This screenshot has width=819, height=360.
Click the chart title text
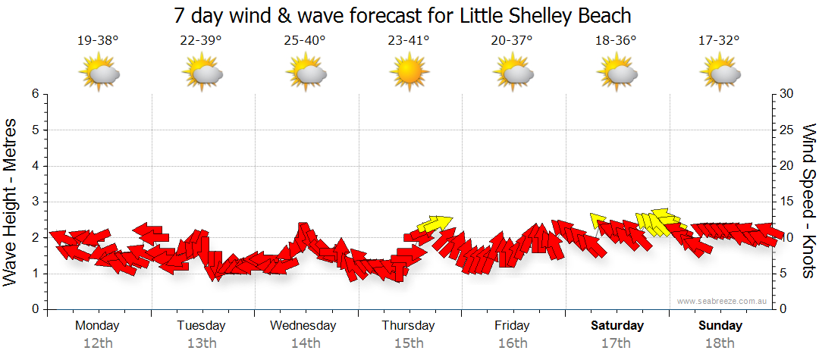click(403, 15)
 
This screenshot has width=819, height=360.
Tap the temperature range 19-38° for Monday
click(98, 41)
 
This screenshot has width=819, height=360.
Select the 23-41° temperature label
click(409, 41)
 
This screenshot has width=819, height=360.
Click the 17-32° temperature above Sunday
click(719, 41)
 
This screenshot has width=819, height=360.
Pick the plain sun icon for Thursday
click(409, 73)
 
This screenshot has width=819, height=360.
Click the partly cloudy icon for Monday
click(99, 73)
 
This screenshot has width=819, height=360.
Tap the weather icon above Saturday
click(617, 73)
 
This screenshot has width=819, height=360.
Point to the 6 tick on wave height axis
click(35, 94)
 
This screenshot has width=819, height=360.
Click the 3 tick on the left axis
click(35, 202)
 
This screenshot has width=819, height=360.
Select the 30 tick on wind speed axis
click(787, 94)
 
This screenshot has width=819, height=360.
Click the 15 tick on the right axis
click(787, 202)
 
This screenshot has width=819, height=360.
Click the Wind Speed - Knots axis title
click(808, 201)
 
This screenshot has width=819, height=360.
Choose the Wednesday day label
click(303, 326)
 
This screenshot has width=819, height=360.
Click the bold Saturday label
click(617, 326)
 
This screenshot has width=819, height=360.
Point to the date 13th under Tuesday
click(201, 343)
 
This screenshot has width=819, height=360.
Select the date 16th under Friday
click(513, 343)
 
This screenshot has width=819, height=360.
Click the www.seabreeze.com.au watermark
click(723, 301)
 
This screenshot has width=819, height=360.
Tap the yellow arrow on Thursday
click(435, 223)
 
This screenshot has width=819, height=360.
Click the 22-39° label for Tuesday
click(201, 41)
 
